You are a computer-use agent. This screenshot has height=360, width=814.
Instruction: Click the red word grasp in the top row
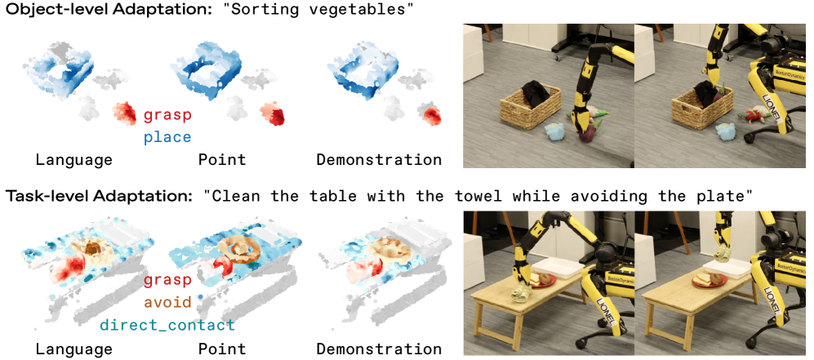[x=167, y=116]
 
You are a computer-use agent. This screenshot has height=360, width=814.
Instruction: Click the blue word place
[x=167, y=137]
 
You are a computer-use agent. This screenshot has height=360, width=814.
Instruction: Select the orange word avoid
[x=167, y=302]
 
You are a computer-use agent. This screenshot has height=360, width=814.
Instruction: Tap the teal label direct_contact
[x=167, y=325]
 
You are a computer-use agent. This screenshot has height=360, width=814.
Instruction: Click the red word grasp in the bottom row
[x=167, y=281]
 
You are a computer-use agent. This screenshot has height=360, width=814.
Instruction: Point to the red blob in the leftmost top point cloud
[x=125, y=113]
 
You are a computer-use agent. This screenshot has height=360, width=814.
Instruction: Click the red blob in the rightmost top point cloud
[x=430, y=113]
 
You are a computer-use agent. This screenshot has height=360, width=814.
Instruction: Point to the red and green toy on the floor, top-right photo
[x=751, y=117]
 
